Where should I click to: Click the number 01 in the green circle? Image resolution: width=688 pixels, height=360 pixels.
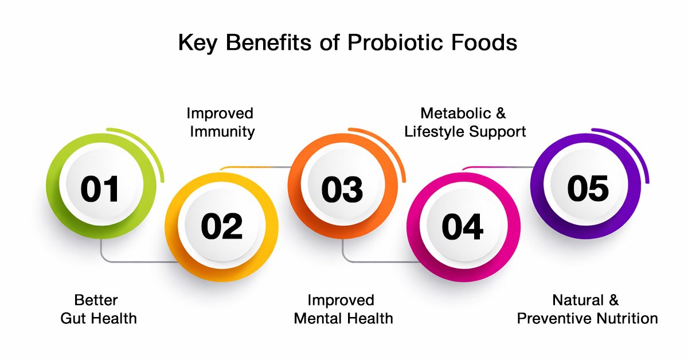click(100, 189)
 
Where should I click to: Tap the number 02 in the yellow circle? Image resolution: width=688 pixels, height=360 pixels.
click(221, 226)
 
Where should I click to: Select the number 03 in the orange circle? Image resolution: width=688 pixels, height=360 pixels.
click(342, 189)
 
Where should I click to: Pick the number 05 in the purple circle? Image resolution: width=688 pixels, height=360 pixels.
click(588, 187)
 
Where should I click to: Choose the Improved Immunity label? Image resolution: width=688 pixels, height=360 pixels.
click(220, 122)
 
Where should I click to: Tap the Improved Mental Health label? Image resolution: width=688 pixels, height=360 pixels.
click(343, 309)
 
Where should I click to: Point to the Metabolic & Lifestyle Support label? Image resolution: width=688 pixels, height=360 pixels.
click(464, 122)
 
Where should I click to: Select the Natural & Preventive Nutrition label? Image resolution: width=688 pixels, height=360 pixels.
click(587, 309)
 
